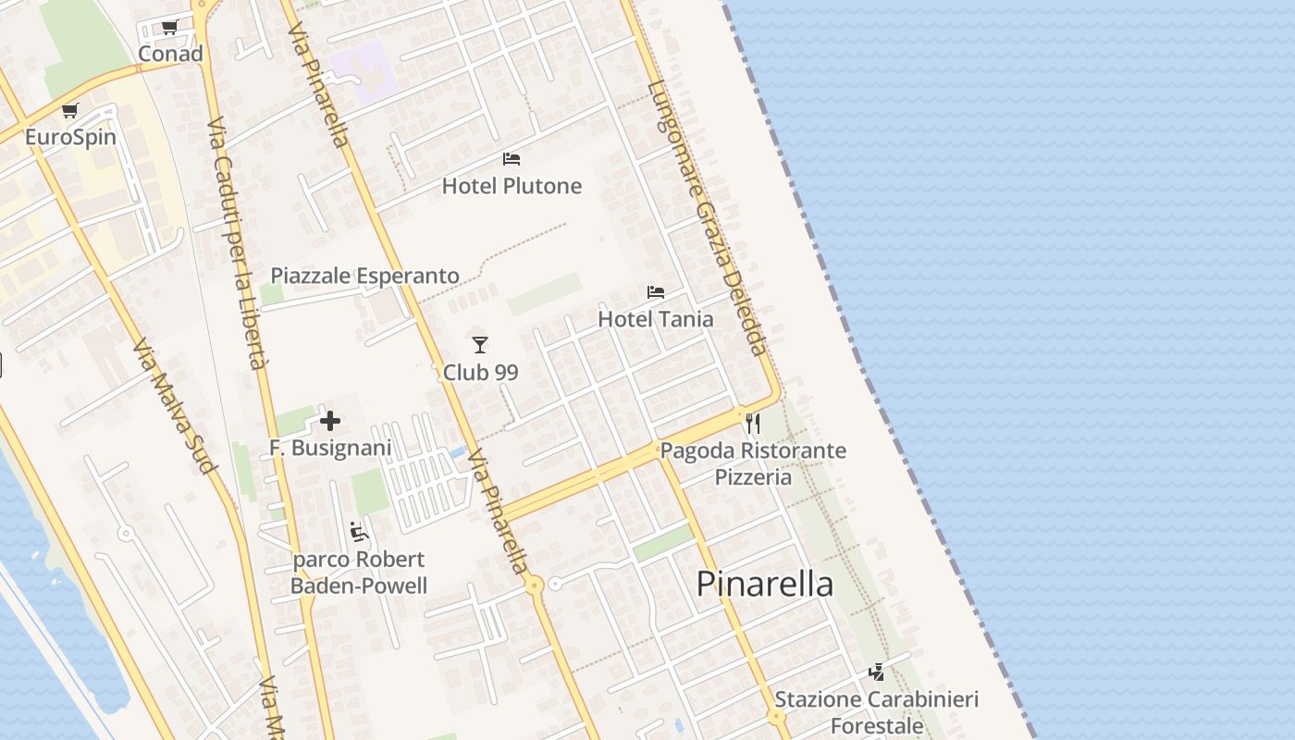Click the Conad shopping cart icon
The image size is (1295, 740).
point(169,27)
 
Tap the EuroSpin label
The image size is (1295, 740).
point(70,137)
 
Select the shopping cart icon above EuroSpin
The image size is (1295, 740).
point(69,111)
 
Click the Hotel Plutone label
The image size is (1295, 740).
point(512,186)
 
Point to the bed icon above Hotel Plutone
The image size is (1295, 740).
point(512,159)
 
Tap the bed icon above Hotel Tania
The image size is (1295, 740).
point(656,292)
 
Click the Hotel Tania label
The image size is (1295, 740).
point(656,319)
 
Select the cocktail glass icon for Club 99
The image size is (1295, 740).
point(479,345)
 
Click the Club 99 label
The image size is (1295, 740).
point(480,373)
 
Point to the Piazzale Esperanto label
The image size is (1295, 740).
point(364,276)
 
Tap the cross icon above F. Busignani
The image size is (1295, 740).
point(330,422)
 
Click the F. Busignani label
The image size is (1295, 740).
point(330,448)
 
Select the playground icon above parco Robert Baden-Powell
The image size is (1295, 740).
point(359,532)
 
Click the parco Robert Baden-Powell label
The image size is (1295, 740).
point(359,573)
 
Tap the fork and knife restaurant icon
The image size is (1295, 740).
point(753,424)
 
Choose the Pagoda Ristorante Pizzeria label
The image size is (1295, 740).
point(753,463)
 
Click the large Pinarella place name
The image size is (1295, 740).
point(765,584)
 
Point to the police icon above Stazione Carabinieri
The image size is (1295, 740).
point(876,672)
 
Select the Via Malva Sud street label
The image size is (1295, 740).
point(174,408)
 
